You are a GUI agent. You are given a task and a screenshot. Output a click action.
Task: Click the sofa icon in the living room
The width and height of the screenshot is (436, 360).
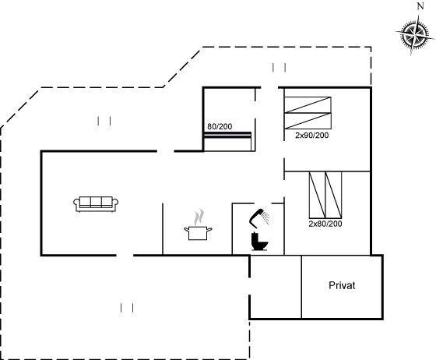point(96,204)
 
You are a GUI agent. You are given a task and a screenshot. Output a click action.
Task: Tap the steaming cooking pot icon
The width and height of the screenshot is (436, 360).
point(198,226)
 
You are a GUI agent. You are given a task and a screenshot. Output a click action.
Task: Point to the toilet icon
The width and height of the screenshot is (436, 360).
point(259,242)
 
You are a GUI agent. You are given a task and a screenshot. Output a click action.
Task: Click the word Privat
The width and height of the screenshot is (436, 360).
point(342,285)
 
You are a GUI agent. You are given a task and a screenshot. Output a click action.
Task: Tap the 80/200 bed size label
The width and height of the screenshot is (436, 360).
point(220,126)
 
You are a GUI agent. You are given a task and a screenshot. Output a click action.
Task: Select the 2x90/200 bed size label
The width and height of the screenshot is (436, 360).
point(311,136)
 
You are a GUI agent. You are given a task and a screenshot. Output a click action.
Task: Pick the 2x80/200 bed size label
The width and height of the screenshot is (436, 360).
point(325,224)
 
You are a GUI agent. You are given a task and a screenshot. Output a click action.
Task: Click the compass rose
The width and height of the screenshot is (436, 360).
point(415,36)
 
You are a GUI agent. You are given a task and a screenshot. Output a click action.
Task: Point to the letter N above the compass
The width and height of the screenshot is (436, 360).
point(420,6)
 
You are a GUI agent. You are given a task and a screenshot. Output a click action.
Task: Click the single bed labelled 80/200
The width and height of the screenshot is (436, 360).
point(227,141)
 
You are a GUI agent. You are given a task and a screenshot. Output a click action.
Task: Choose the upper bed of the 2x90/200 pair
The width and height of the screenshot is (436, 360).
point(308,105)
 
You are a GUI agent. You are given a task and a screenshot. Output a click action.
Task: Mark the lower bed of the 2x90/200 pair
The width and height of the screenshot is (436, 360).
point(308,121)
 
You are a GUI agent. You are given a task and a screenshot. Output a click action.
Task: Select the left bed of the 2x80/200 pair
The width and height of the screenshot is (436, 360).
point(318,195)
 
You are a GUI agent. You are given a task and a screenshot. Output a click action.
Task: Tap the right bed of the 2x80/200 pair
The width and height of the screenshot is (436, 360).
point(333,195)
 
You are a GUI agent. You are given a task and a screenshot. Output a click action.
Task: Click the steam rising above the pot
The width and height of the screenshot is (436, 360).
point(199,217)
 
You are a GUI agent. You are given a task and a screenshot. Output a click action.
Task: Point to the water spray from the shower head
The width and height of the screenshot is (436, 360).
point(266,218)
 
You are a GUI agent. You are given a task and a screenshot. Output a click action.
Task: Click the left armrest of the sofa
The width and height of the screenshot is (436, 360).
point(76,204)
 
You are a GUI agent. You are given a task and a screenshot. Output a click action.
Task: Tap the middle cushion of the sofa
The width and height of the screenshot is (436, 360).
point(96,202)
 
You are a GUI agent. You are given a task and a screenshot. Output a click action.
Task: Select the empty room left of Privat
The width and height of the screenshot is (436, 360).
point(276,287)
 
